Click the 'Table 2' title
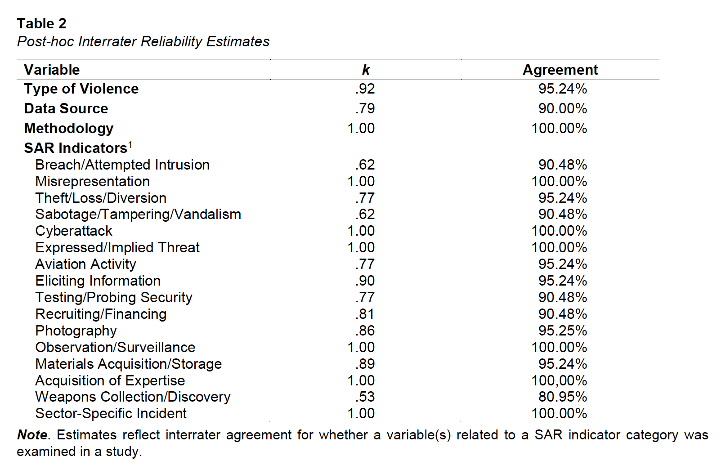tap(41, 24)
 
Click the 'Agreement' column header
tap(560, 70)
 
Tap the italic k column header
tap(366, 70)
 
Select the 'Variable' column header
tap(52, 70)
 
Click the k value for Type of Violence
tap(365, 89)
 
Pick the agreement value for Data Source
tap(563, 108)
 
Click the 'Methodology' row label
tap(69, 128)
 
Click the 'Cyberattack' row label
tap(74, 231)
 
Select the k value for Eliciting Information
tap(365, 281)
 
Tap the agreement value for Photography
tap(563, 331)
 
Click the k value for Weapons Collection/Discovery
tap(365, 397)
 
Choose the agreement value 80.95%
tap(563, 397)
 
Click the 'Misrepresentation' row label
tap(92, 181)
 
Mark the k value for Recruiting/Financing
tap(365, 314)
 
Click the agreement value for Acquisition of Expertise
tap(559, 381)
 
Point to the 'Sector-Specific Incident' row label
tap(111, 413)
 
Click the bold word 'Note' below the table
tap(32, 435)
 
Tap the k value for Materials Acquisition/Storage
tap(365, 364)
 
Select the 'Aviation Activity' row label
tap(85, 264)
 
